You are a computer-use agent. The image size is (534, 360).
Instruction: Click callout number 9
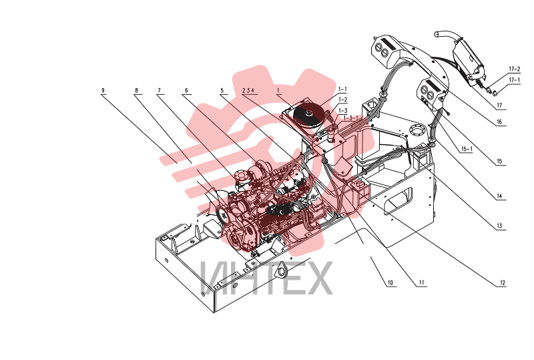[103, 91]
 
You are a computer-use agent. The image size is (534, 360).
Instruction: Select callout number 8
[137, 91]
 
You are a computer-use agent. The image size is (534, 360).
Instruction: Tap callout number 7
[159, 91]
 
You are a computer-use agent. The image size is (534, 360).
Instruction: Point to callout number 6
[186, 91]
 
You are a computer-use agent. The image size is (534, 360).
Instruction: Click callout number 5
[222, 91]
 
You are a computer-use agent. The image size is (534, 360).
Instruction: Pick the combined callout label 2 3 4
[248, 90]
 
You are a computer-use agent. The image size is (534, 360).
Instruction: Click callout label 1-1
[342, 89]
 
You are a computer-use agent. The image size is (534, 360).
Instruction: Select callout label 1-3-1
[351, 118]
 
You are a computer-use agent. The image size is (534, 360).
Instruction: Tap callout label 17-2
[515, 69]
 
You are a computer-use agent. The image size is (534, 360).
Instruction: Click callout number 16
[499, 122]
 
